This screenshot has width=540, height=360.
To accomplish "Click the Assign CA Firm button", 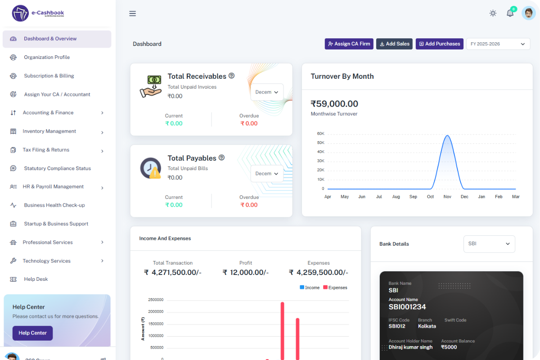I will pyautogui.click(x=349, y=44).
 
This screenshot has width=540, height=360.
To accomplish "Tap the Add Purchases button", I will pyautogui.click(x=439, y=44).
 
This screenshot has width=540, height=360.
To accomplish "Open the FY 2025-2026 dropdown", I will pyautogui.click(x=498, y=44).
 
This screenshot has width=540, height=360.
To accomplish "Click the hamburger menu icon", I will pyautogui.click(x=132, y=13).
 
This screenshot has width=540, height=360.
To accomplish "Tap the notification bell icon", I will pyautogui.click(x=510, y=13).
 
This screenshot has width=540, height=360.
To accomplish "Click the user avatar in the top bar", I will pyautogui.click(x=528, y=13).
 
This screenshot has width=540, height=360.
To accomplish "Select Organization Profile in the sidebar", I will pyautogui.click(x=47, y=57).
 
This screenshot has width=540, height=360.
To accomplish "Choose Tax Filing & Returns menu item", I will pyautogui.click(x=46, y=150).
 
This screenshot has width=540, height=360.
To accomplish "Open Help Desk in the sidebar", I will pyautogui.click(x=36, y=279).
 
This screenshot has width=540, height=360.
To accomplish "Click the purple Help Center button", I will pyautogui.click(x=32, y=333).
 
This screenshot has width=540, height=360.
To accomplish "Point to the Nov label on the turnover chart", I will pyautogui.click(x=447, y=197).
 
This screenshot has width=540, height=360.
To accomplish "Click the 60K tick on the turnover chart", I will pyautogui.click(x=320, y=134).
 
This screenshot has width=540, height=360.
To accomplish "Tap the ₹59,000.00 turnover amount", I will pyautogui.click(x=334, y=104).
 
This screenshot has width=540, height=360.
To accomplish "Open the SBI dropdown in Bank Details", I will pyautogui.click(x=489, y=243).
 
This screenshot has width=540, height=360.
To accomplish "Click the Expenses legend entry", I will pyautogui.click(x=335, y=288).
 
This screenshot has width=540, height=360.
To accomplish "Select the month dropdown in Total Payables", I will pyautogui.click(x=267, y=173).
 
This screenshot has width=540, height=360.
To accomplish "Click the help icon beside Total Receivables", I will pyautogui.click(x=231, y=76).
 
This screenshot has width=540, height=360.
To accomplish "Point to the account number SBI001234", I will pyautogui.click(x=407, y=307).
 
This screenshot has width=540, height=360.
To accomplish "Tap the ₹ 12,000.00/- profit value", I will pyautogui.click(x=245, y=272).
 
